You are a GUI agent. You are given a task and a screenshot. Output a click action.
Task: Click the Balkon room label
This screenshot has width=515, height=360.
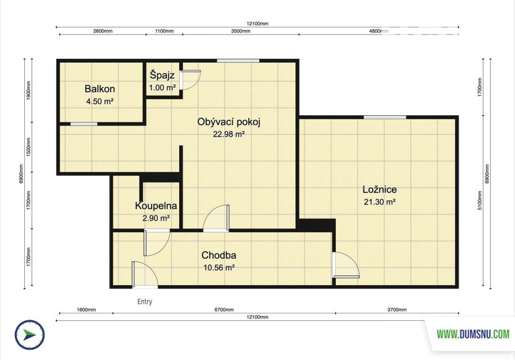coord(100,89)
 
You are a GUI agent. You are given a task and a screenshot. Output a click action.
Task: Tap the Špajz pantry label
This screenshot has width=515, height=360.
coord(162,75)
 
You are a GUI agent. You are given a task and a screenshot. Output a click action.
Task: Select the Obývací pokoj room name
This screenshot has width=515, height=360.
coord(229,122)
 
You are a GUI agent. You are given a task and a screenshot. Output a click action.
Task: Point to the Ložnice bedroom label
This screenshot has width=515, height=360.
coord(380,189)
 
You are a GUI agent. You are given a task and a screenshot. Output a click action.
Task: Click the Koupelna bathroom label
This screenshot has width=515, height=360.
coord(156,206)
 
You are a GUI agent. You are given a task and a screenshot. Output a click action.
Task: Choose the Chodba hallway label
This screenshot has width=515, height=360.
coord(219,255)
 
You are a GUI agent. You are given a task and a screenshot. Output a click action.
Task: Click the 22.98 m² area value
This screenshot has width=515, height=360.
coord(229,134)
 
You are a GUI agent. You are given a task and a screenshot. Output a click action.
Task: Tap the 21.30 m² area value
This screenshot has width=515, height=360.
coord(380,202)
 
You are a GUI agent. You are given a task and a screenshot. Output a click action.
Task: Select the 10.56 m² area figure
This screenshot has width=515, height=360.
coord(219,268)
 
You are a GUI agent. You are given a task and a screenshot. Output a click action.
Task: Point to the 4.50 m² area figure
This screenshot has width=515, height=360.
coord(100,101)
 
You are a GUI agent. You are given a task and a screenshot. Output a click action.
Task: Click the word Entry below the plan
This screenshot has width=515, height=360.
coord(145,301)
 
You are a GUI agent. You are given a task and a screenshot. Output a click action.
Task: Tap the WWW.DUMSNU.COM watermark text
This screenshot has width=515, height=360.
coord(473,335)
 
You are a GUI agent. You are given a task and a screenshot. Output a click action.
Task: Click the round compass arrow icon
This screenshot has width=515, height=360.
coord(29,335)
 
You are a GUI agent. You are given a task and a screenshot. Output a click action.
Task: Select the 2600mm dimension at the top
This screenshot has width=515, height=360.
coord(103,31)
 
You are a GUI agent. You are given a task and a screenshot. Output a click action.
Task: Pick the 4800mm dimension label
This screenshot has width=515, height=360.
coord(378,31)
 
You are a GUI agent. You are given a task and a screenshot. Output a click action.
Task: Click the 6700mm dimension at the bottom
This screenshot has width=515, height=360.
coord(224,310)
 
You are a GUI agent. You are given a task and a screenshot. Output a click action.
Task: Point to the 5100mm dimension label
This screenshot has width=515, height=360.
coord(480,200)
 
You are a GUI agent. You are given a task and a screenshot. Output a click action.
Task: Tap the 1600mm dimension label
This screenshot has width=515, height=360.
coord(86,310)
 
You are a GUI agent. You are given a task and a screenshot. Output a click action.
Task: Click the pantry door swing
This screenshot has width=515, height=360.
coord(191,80)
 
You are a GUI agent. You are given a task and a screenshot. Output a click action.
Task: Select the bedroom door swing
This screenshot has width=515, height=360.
coord(346,266)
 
